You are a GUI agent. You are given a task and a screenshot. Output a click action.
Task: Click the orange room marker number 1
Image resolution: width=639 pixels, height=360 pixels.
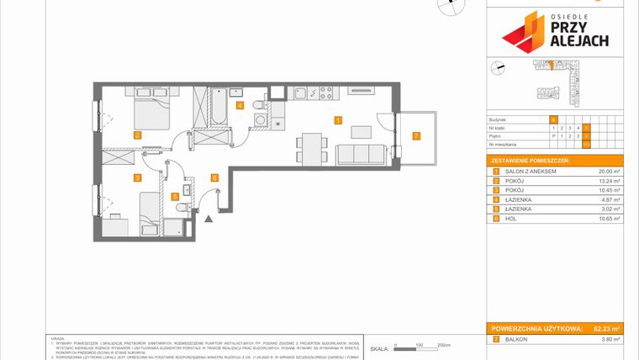[338, 120]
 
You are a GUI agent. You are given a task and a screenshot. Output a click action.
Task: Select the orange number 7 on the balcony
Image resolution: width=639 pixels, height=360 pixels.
[415, 135]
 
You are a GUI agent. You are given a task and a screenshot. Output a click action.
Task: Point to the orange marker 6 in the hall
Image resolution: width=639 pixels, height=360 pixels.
[214, 177]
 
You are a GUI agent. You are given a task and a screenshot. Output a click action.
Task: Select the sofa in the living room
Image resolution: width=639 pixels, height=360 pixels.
[361, 154]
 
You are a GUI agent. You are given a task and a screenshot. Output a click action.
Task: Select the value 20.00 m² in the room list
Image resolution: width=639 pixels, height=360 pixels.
[608, 171]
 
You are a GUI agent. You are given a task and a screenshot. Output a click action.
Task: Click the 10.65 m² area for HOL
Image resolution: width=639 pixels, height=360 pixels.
[608, 219]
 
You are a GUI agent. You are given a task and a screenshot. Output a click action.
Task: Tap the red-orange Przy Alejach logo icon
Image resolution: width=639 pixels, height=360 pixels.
[523, 31]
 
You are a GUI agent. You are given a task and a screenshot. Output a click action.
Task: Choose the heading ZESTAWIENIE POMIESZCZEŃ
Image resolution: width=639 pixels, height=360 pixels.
[530, 160]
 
